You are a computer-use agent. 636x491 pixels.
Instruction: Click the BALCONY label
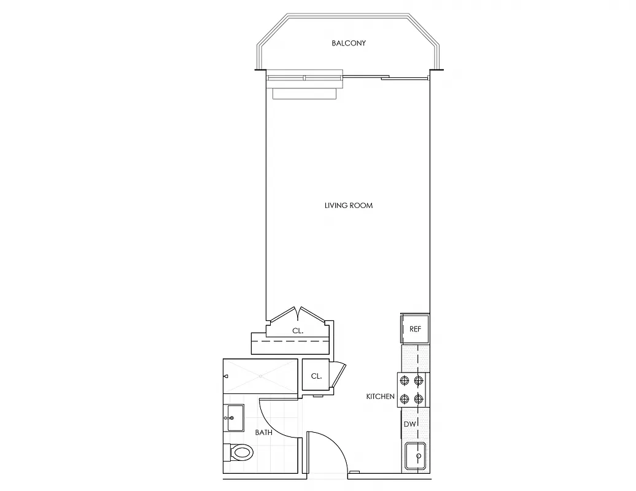click(349, 43)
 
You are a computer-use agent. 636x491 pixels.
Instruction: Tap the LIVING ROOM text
click(348, 206)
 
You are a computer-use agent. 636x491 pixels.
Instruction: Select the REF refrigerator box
click(415, 329)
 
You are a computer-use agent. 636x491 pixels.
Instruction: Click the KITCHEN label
click(380, 396)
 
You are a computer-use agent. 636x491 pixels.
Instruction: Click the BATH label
click(263, 432)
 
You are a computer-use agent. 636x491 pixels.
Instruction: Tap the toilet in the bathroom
click(242, 454)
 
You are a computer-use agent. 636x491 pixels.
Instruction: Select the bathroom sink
click(233, 418)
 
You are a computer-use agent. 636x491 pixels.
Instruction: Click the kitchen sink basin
click(416, 457)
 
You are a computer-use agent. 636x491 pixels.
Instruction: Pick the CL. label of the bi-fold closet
click(298, 331)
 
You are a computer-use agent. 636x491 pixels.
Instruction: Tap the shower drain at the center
click(260, 375)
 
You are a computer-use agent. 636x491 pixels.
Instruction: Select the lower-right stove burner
click(419, 400)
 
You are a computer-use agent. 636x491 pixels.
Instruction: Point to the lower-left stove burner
click(405, 400)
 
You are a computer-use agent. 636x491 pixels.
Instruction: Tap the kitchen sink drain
click(418, 457)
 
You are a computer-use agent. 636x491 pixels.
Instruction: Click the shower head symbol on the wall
click(225, 375)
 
